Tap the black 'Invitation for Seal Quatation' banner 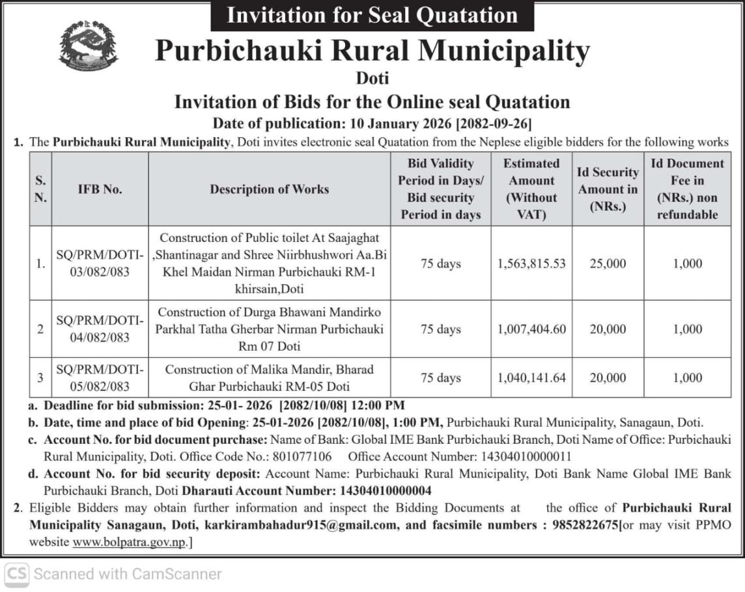pyautogui.click(x=372, y=15)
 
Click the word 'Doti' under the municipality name pyautogui.click(x=372, y=79)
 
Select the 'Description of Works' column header pyautogui.click(x=269, y=189)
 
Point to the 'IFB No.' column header pyautogui.click(x=100, y=189)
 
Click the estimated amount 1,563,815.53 pyautogui.click(x=531, y=263)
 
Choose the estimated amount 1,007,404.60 pyautogui.click(x=531, y=329)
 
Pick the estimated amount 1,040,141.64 pyautogui.click(x=531, y=378)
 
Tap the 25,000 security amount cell pyautogui.click(x=608, y=263)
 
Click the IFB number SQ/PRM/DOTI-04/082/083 pyautogui.click(x=100, y=329)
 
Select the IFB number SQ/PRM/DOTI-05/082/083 pyautogui.click(x=100, y=378)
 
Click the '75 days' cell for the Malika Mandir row pyautogui.click(x=440, y=378)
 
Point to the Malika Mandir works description pyautogui.click(x=269, y=378)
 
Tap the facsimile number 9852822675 pyautogui.click(x=585, y=524)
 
